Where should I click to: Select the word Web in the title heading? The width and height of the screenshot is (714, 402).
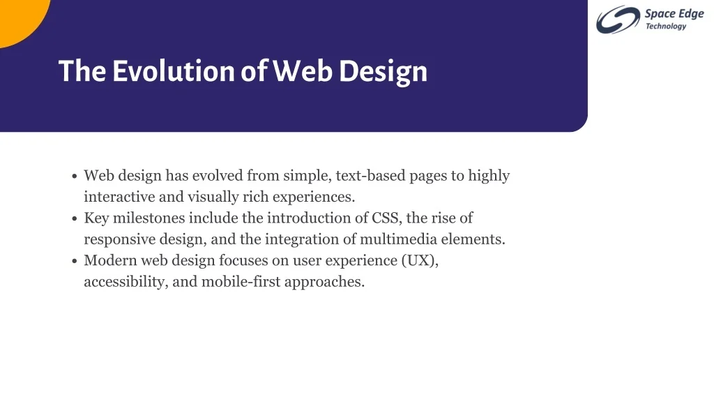[x=303, y=71]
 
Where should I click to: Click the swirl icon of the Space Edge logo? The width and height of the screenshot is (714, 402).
[x=618, y=19]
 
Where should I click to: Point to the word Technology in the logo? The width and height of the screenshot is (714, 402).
[x=666, y=27]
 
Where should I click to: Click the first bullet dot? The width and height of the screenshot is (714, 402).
[x=75, y=176]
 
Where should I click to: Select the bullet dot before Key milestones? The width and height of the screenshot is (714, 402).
[x=75, y=218]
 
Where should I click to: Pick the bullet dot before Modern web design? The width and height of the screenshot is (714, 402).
[x=75, y=261]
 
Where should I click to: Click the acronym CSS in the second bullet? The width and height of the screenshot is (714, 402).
[x=386, y=218]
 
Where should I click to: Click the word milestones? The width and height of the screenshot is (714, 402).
[x=149, y=218]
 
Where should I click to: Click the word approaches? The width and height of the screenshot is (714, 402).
[x=325, y=283]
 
